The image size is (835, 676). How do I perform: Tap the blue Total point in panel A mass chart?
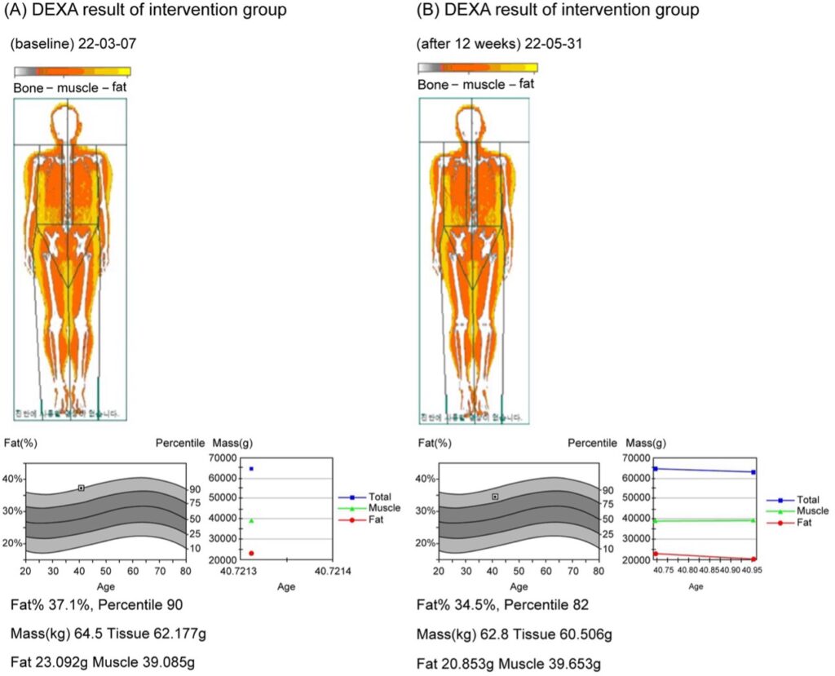[x=251, y=469]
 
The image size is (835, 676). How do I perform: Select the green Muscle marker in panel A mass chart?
[x=251, y=520]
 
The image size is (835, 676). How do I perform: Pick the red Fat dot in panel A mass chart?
[x=251, y=553]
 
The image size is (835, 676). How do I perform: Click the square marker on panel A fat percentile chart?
[x=82, y=488]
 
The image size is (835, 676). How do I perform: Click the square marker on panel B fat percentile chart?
[x=495, y=497]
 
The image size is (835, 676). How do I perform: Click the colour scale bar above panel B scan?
[x=478, y=68]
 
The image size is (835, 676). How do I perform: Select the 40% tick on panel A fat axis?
[x=13, y=479]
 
